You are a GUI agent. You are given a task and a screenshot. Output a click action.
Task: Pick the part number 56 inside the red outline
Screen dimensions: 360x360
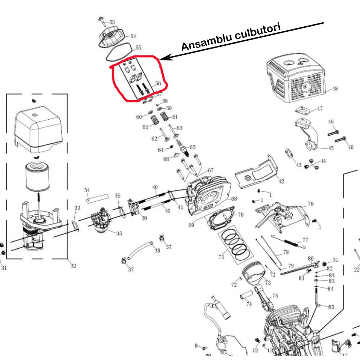click(157, 83)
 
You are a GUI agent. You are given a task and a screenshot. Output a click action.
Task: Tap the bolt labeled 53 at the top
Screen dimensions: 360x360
click(102, 19)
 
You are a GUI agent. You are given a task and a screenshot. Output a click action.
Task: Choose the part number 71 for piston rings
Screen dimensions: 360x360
click(221, 257)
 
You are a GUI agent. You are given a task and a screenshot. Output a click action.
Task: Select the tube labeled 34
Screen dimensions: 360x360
click(97, 198)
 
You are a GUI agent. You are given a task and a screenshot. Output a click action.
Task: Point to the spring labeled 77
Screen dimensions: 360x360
click(288, 242)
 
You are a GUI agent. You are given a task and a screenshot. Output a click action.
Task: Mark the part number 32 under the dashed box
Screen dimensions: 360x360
click(73, 266)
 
